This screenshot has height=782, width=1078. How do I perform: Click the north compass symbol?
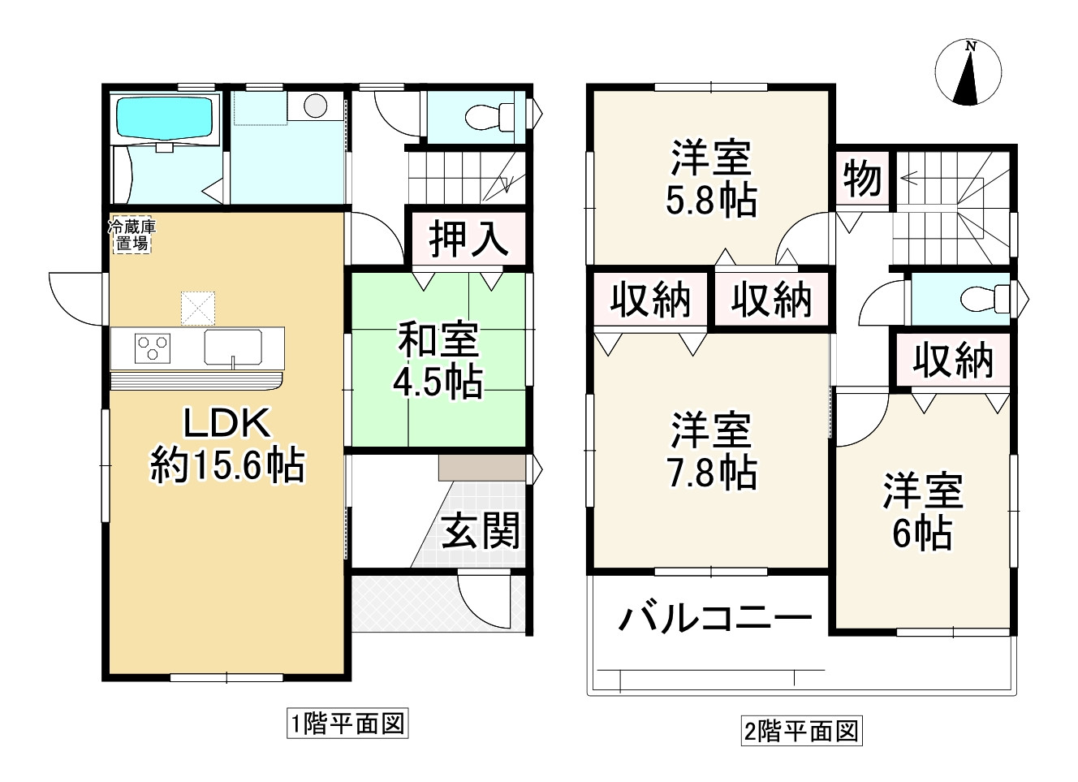click(x=967, y=72)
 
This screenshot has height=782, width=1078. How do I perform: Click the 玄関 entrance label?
click(x=481, y=533)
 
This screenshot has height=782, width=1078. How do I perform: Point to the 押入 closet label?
click(x=468, y=240)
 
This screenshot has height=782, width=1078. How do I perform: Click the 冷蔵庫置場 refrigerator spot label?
click(x=131, y=235)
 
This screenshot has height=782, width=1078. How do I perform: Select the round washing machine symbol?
click(x=315, y=105)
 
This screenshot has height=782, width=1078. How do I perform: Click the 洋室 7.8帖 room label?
click(x=711, y=452)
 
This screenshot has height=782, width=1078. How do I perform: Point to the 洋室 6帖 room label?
click(x=923, y=512)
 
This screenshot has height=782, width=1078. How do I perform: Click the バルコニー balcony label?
click(x=715, y=620)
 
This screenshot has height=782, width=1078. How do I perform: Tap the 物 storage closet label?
click(x=862, y=179)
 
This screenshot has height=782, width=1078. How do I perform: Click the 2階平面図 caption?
click(x=800, y=731)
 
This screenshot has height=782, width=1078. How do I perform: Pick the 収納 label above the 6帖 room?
click(x=952, y=361)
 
